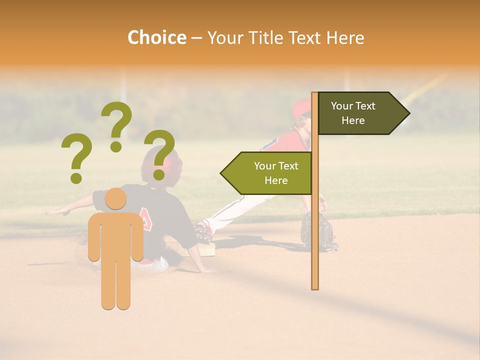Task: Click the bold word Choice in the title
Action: [156, 37]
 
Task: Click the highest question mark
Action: [116, 125]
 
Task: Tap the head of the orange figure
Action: [115, 198]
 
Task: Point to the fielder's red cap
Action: [301, 107]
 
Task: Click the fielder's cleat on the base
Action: [203, 231]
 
